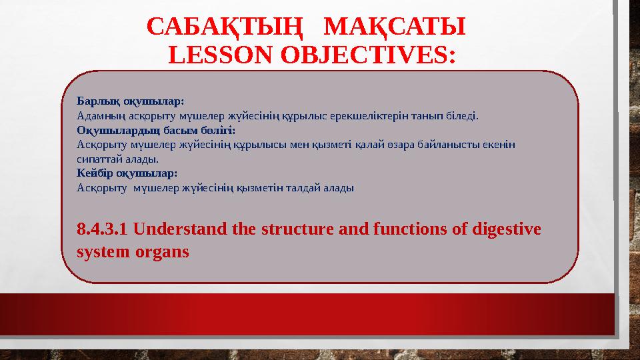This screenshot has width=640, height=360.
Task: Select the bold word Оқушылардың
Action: point(113,129)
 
